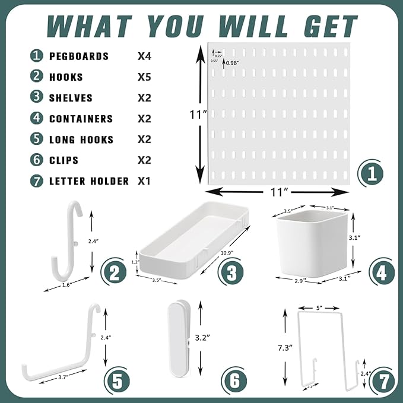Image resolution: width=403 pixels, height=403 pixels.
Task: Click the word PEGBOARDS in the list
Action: click(78, 56)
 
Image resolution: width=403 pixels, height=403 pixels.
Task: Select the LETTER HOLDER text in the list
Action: click(88, 181)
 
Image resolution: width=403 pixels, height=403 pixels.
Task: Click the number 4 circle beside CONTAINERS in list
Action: click(37, 119)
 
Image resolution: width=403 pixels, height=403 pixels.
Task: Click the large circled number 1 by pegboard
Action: click(371, 174)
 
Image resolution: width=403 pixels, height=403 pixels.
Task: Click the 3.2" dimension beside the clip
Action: click(202, 338)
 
